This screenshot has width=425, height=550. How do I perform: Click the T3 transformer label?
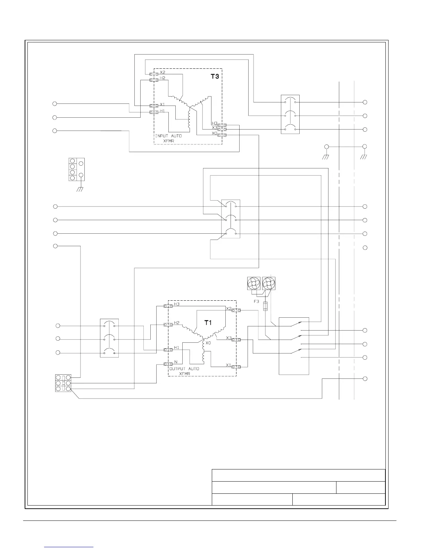[x=215, y=77]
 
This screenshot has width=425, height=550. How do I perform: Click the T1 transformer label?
[x=208, y=323]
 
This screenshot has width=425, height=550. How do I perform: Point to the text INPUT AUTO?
[x=168, y=136]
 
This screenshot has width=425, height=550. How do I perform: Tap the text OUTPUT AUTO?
[x=184, y=369]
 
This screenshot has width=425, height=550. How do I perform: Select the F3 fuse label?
[x=256, y=302]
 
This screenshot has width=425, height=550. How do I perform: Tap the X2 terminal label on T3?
[x=162, y=72]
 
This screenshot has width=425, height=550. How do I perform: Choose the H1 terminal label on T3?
[x=162, y=111]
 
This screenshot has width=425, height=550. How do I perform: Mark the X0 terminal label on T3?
[x=214, y=133]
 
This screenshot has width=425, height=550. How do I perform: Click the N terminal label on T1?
[x=176, y=362]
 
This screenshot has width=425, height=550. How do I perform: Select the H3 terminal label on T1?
[x=176, y=304]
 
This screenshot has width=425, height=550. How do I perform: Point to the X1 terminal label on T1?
[x=228, y=365]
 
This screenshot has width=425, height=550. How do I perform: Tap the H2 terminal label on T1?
[x=176, y=323]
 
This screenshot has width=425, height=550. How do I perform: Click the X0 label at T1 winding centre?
[x=208, y=343]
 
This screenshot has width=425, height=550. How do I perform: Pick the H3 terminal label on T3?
[x=214, y=123]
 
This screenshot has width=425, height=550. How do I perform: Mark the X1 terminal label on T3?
[x=162, y=104]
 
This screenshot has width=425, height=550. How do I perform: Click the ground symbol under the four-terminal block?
[x=80, y=190]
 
